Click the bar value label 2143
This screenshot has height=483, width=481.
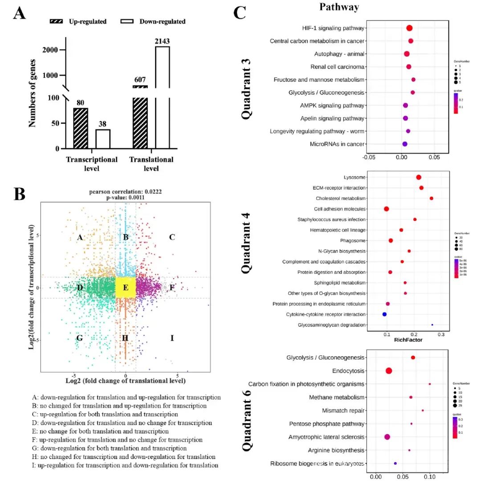click(x=163, y=41)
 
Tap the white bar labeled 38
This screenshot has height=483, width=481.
click(x=103, y=139)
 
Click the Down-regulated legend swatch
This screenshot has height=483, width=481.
click(x=128, y=21)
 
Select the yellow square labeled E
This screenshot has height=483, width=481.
click(x=126, y=288)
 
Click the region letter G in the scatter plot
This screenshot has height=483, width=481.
click(x=80, y=338)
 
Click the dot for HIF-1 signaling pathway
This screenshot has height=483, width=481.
click(x=409, y=28)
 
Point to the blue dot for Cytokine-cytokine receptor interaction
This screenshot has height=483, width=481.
click(x=384, y=314)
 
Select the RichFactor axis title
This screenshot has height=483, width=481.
click(x=408, y=340)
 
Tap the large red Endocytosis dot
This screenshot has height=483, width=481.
click(x=389, y=371)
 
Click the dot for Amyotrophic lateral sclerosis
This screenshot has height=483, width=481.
click(x=387, y=437)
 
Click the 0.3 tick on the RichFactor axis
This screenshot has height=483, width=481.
click(x=441, y=333)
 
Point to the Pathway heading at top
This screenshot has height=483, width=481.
click(x=339, y=7)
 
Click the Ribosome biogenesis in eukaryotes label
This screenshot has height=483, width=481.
click(x=317, y=463)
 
